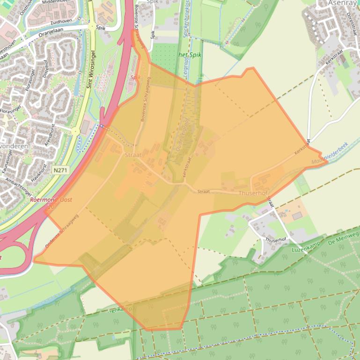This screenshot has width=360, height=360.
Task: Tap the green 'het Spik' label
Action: click(189, 55)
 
